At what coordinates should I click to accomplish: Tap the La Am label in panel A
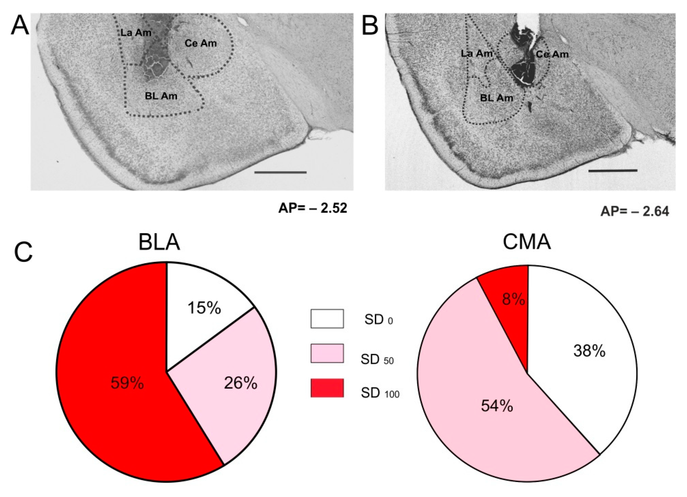136,33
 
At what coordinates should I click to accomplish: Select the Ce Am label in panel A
200,43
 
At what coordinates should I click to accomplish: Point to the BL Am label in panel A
161,96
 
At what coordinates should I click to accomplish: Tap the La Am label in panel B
477,54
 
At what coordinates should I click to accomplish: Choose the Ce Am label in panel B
552,54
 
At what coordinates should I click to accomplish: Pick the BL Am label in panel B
497,98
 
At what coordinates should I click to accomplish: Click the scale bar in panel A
280,172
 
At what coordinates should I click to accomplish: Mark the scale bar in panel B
613,170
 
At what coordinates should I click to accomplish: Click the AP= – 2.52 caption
312,208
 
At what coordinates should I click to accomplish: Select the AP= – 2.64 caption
634,212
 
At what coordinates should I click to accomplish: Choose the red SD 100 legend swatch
327,388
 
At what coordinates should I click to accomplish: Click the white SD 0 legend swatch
327,319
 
